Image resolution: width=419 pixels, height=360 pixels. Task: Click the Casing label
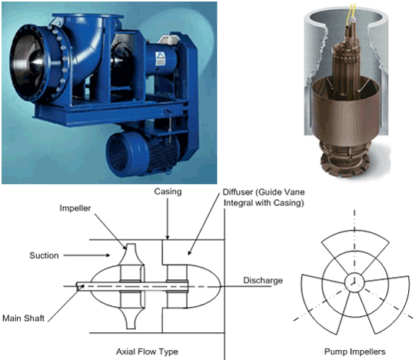coord(168,192)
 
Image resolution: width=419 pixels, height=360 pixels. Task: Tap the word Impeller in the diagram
coord(75,208)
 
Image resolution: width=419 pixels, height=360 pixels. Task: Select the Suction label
coord(44,255)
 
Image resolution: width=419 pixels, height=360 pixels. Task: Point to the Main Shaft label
coord(23,318)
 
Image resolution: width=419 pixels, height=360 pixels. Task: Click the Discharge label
coord(263,280)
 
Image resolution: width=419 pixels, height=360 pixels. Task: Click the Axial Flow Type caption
coord(147,352)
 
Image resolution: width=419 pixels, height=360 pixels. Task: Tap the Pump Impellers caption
coord(354,352)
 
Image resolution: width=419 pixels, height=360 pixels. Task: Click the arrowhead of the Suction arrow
coord(108,255)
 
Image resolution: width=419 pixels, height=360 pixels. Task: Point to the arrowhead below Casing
coord(168,237)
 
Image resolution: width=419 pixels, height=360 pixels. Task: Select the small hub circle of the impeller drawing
coord(354,282)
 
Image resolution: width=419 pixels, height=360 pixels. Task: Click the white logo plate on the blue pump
coord(161,59)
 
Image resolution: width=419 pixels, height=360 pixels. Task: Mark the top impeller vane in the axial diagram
coord(131,254)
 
